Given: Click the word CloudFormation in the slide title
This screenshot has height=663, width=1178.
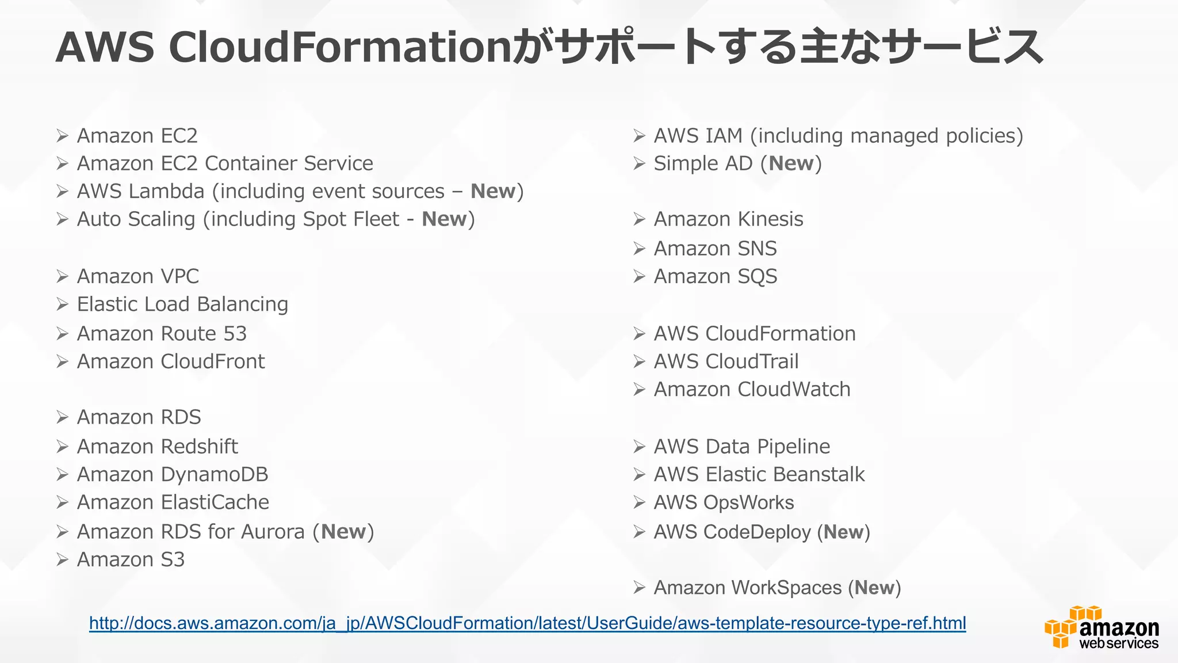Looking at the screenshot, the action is (x=339, y=47).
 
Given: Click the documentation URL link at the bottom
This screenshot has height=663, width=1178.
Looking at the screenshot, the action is (x=527, y=623).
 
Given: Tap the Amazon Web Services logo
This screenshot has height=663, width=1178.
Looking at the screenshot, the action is (x=1101, y=628).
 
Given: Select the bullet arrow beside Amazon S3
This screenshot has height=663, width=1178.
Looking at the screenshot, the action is (x=63, y=559).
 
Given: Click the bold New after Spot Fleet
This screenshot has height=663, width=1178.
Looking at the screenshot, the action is (x=444, y=219).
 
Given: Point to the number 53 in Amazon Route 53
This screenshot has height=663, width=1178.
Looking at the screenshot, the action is (x=235, y=334).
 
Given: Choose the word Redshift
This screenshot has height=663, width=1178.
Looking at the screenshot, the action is (x=199, y=447).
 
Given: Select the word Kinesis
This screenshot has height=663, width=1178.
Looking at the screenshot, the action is (x=770, y=219).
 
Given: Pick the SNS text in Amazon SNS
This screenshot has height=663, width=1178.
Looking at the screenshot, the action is (x=757, y=249).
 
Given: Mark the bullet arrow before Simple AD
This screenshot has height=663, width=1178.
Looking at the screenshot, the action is (x=640, y=163).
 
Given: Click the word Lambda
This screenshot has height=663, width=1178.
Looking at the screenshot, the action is (x=166, y=191).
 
